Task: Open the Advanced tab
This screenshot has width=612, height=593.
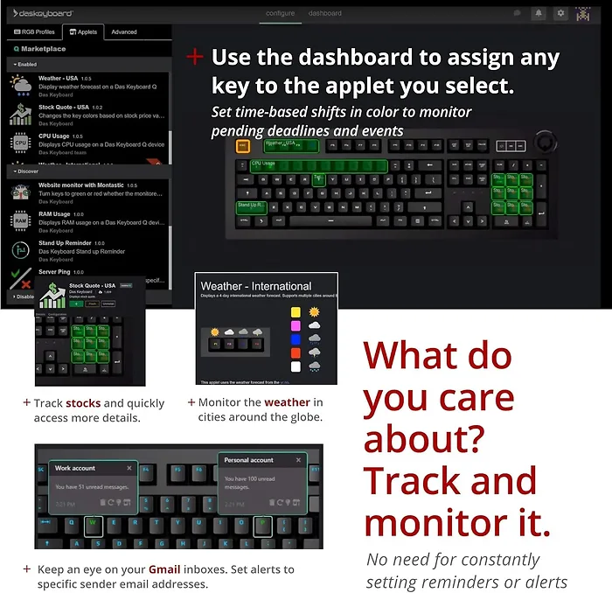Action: point(124,31)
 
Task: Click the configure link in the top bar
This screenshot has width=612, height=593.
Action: point(281,13)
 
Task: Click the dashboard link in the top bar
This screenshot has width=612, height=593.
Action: point(324,13)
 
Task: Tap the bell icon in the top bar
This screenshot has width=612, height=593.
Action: point(539,13)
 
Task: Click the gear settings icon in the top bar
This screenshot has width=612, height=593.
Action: point(560,13)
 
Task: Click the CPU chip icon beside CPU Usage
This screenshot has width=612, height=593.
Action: point(20,143)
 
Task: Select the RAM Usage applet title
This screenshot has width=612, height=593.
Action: point(54,213)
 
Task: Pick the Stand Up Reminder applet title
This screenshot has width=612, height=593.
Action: point(65,243)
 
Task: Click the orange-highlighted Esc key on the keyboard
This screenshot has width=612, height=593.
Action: point(243,146)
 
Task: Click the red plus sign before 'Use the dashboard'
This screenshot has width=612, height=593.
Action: point(195,57)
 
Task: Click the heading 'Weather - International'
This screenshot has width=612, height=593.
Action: point(255,286)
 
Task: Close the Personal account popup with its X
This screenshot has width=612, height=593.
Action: point(299,460)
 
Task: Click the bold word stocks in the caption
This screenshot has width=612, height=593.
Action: point(83,403)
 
